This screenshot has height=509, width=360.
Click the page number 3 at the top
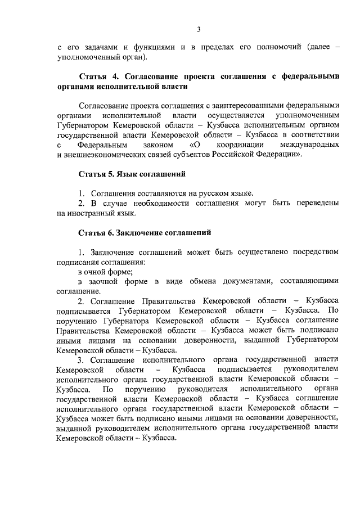point(199,30)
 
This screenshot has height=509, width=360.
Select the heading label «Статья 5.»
point(96,174)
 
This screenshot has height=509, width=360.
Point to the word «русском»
point(209,193)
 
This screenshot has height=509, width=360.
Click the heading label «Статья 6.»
point(96,233)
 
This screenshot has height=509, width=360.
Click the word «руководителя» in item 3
point(200,389)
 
